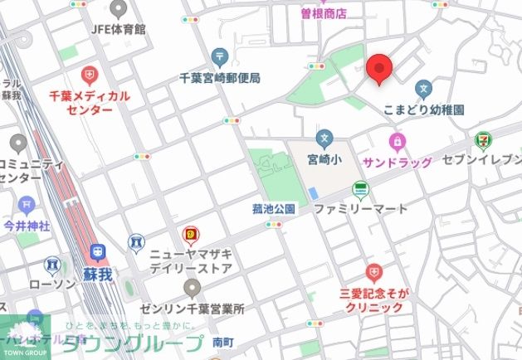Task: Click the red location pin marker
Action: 379,68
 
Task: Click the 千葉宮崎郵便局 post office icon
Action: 220,57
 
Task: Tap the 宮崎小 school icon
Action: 324,137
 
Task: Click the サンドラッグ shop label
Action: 397,162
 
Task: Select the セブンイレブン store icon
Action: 482,139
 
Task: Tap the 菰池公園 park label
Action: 274,209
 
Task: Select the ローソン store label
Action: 52,285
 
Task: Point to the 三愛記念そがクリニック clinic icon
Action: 374,272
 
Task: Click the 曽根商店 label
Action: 324,12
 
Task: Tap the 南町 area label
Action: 223,341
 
